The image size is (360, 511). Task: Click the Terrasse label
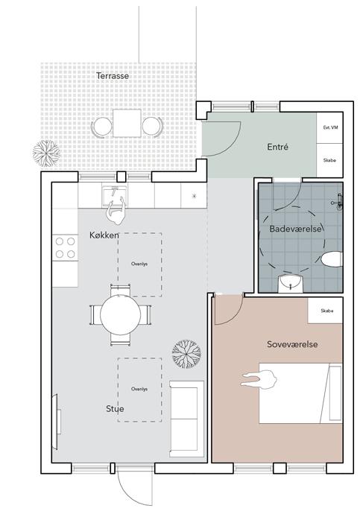tap(113, 76)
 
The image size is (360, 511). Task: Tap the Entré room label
tap(277, 147)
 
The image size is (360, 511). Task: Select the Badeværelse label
tap(296, 229)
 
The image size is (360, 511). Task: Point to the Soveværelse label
tap(292, 344)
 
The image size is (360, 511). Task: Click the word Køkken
tap(104, 235)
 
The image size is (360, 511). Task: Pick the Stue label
tap(115, 409)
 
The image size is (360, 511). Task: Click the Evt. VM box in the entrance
tap(329, 128)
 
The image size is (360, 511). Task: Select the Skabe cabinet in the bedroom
tap(326, 311)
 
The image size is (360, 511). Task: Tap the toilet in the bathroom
tap(332, 260)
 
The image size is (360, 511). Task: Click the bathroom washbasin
tap(291, 284)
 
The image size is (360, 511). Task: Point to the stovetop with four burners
tap(66, 247)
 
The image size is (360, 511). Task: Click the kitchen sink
tap(115, 196)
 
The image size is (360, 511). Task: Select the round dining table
tap(120, 315)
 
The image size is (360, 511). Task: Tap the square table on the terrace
tap(127, 123)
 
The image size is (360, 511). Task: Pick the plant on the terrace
tap(46, 153)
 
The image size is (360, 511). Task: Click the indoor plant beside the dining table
tap(186, 354)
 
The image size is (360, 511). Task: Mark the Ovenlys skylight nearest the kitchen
tap(139, 264)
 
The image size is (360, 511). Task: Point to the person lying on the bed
tap(259, 380)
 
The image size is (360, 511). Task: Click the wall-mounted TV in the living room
tap(55, 422)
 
